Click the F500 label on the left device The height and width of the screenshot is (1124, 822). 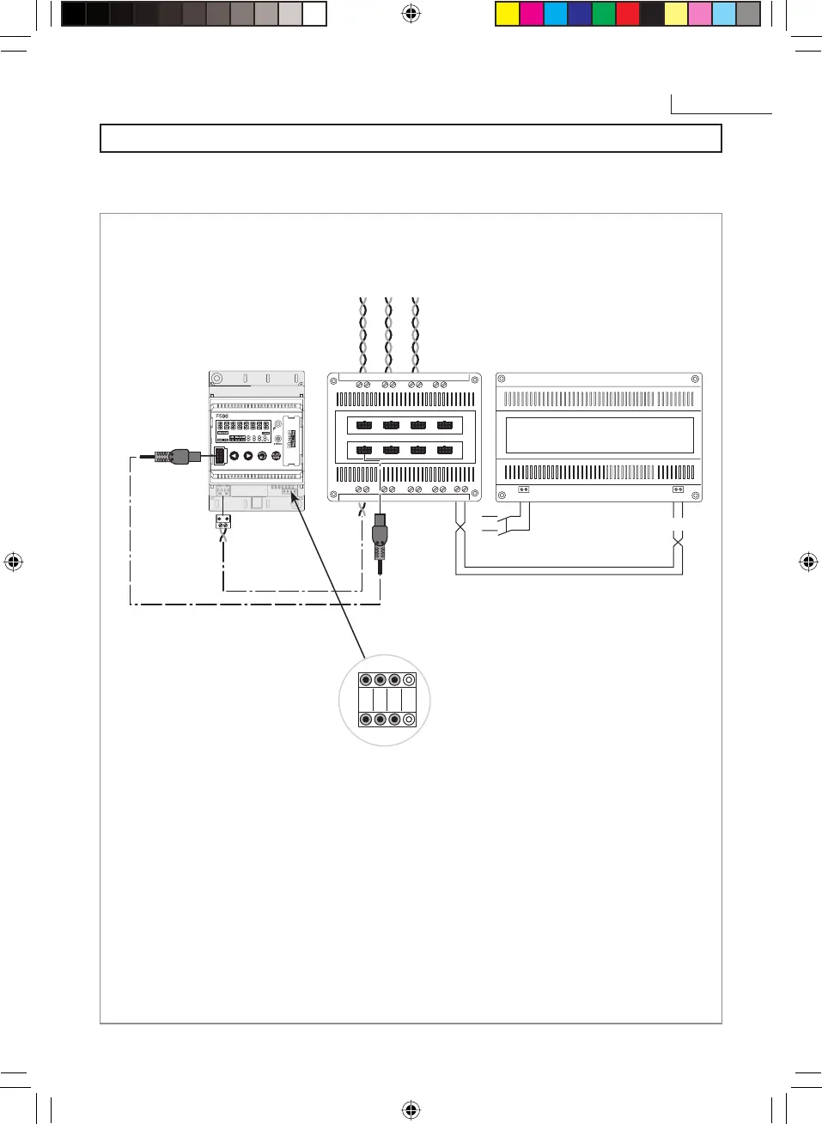click(x=222, y=416)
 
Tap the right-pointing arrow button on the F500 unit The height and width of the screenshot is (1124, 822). click(x=248, y=456)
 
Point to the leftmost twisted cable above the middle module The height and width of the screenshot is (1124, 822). click(x=363, y=335)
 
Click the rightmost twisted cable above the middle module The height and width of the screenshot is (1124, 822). click(x=416, y=335)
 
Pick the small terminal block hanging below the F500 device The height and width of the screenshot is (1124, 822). click(x=223, y=520)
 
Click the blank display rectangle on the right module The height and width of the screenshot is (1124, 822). click(x=600, y=435)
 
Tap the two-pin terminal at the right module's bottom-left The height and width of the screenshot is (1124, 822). click(x=524, y=489)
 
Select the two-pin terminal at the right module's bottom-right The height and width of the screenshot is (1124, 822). click(x=678, y=489)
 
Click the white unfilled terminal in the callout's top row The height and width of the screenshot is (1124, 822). click(x=409, y=680)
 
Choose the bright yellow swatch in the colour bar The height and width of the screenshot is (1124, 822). click(x=508, y=14)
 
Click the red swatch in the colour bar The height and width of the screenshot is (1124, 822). click(x=628, y=14)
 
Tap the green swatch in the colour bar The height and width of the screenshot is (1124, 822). click(x=604, y=14)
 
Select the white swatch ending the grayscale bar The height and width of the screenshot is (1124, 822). click(x=314, y=14)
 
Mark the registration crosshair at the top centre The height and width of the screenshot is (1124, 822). click(x=411, y=13)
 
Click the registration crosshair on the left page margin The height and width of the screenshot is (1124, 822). click(x=13, y=562)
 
